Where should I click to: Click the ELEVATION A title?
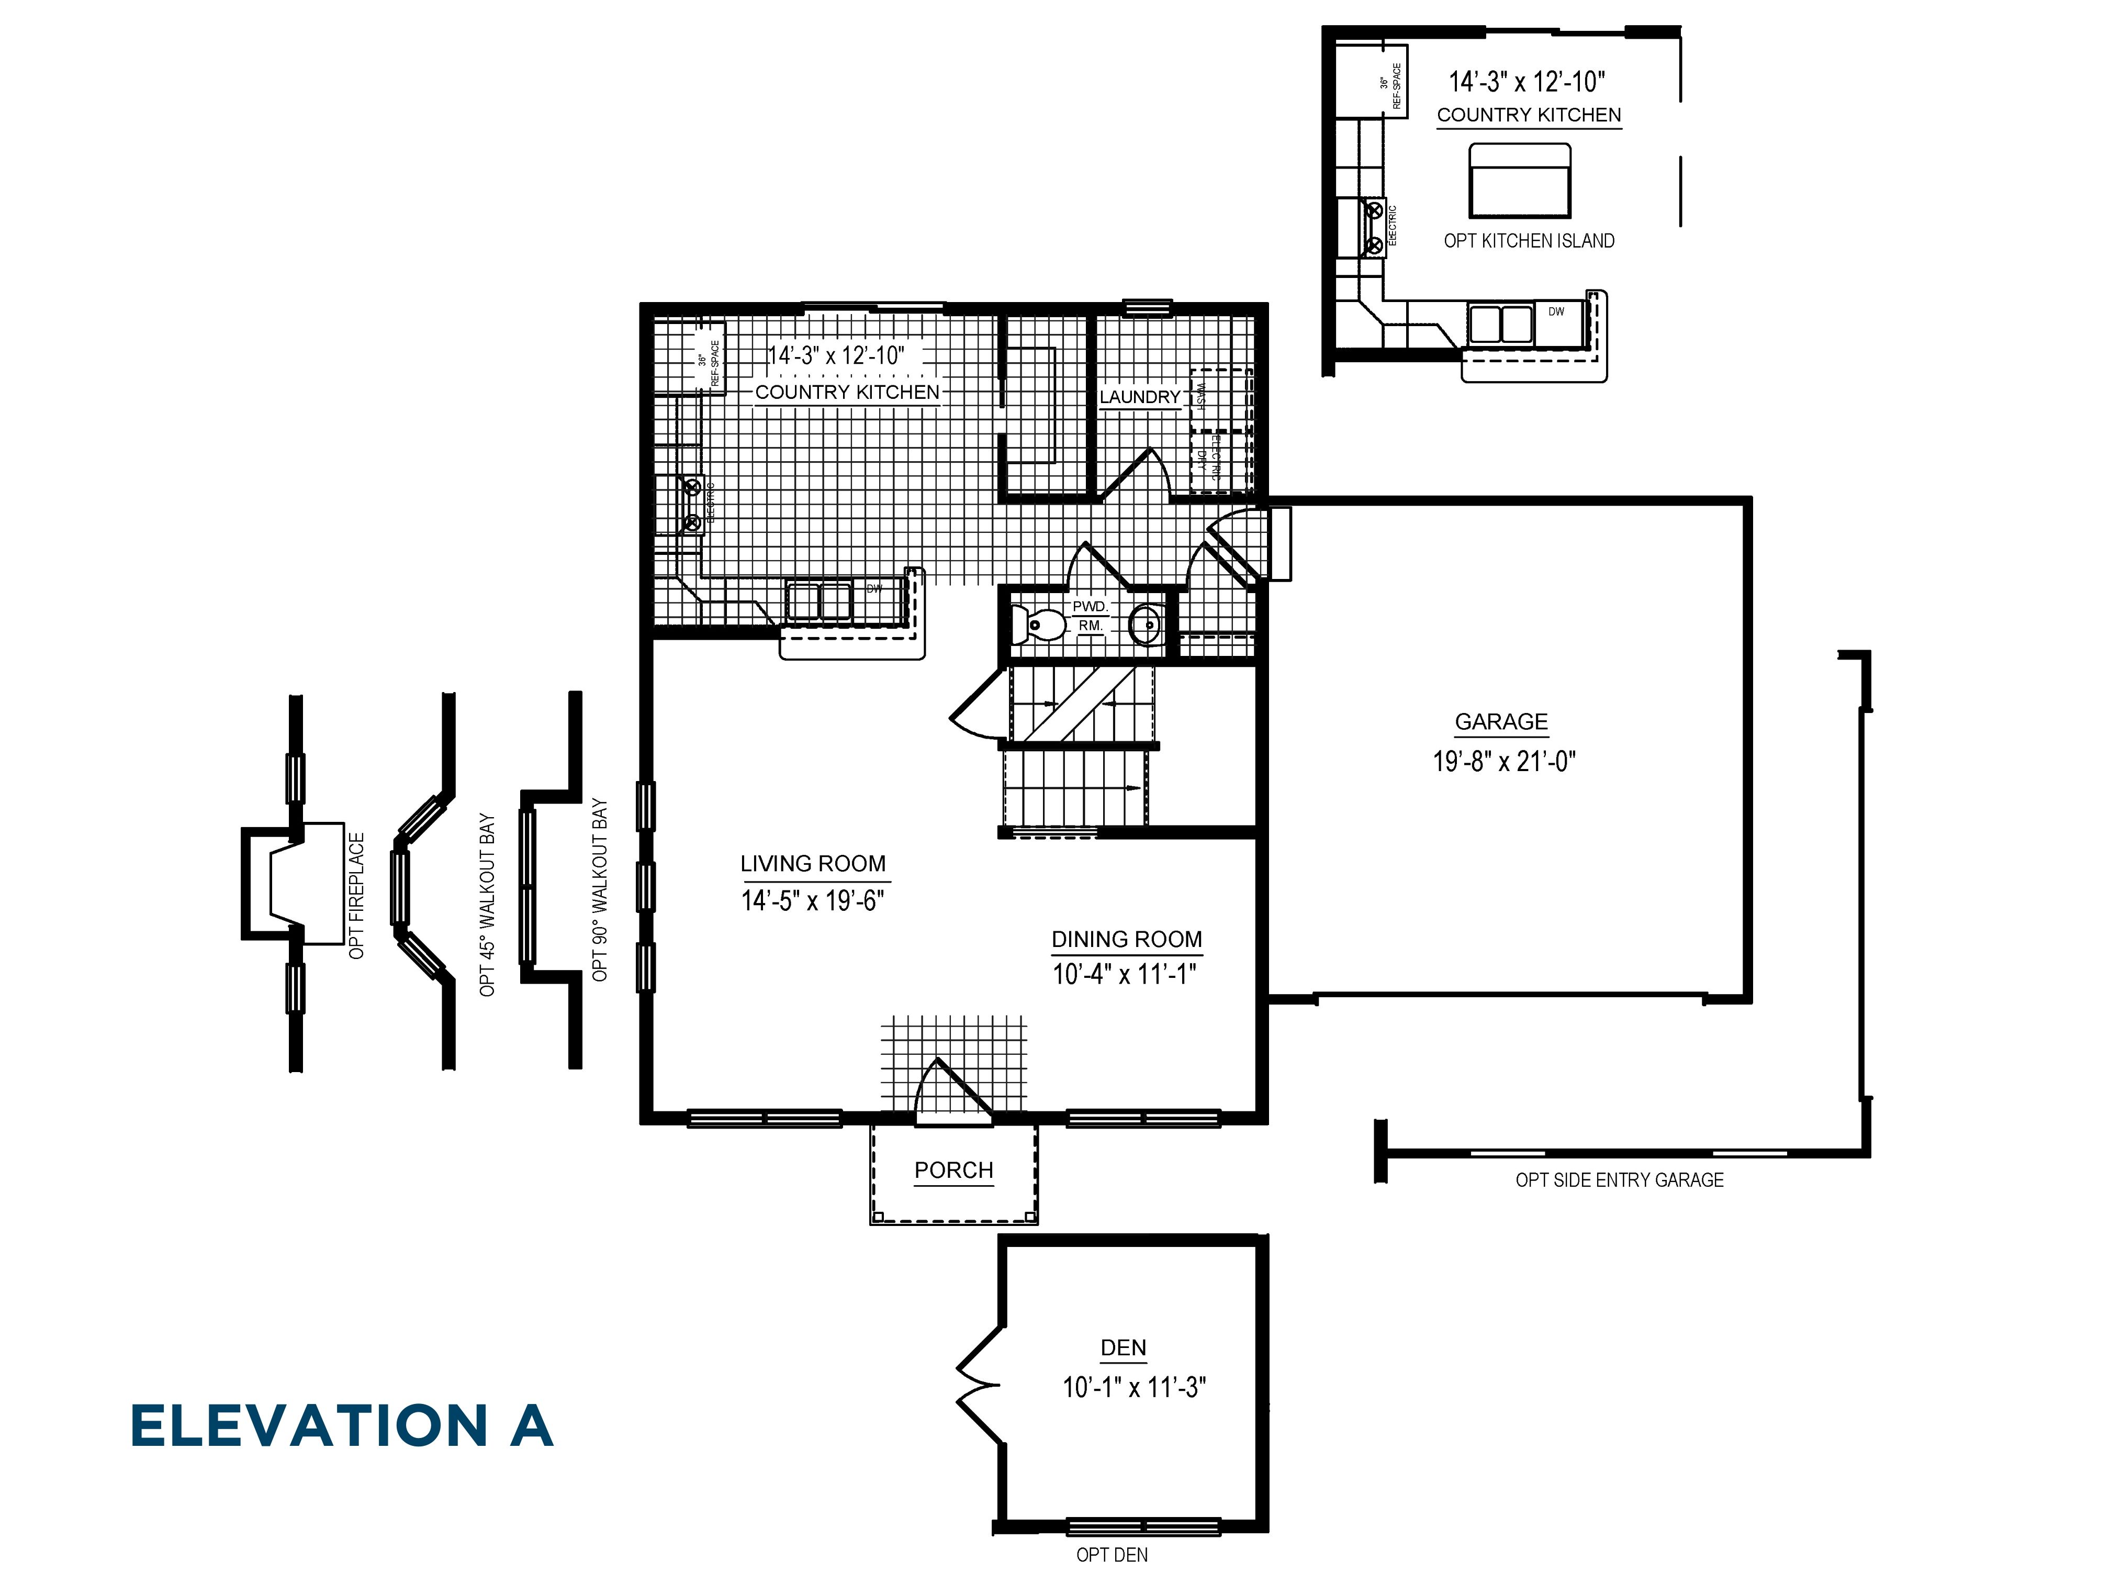tap(342, 1426)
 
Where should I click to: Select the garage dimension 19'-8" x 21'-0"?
tap(1503, 762)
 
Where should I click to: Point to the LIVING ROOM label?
tap(813, 864)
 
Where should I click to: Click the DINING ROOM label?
tap(1127, 939)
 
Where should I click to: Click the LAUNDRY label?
tap(1140, 397)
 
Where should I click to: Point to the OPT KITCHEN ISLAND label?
tap(1528, 241)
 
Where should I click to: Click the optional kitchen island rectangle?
tap(1520, 181)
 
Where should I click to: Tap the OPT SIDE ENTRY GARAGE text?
tap(1619, 1180)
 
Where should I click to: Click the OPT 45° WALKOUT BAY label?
tap(487, 905)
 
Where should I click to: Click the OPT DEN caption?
tap(1112, 1555)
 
